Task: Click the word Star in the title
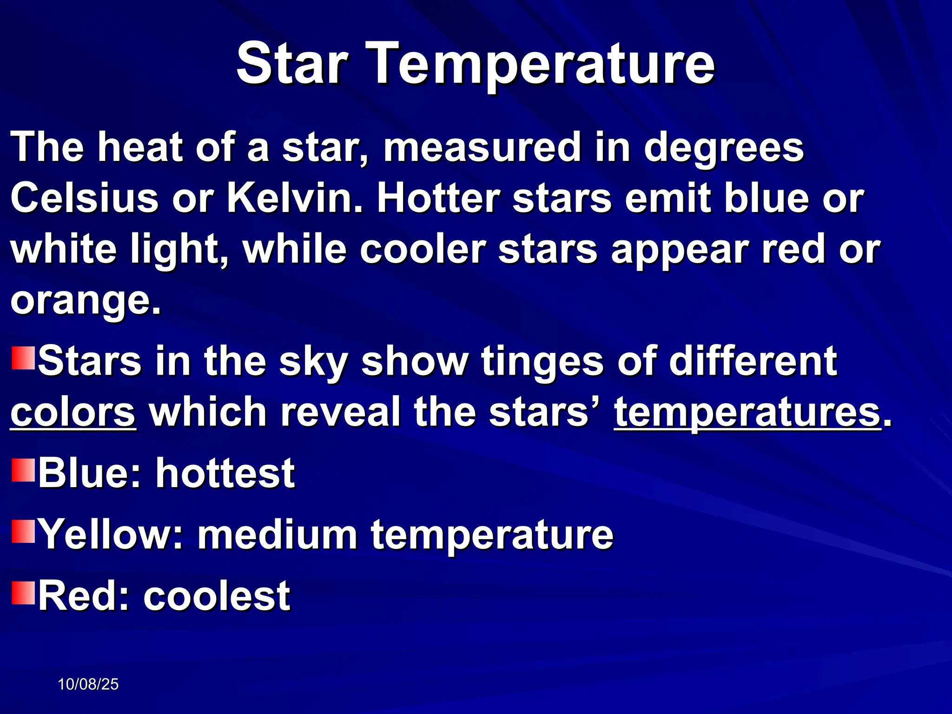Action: (292, 64)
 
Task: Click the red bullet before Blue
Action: (23, 470)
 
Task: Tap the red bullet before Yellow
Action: (23, 531)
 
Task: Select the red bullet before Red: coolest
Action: (23, 592)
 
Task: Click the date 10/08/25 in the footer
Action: (88, 684)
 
